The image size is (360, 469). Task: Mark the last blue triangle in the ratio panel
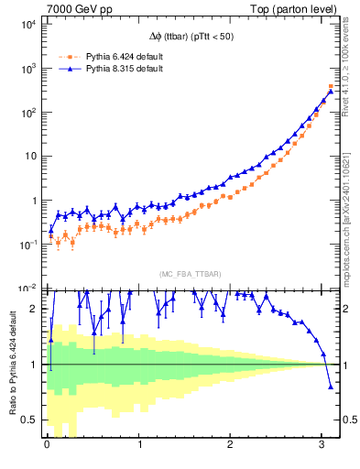pos(331,387)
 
